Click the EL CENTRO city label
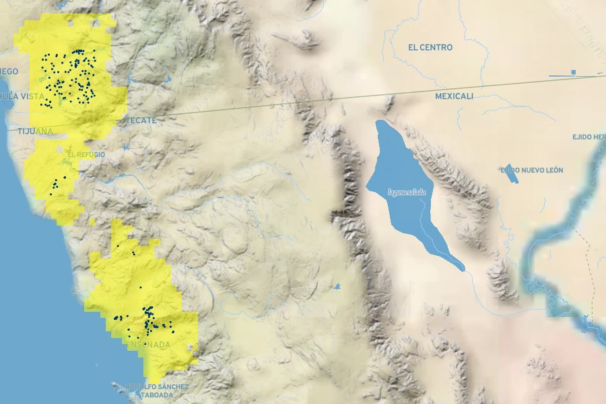point(430,48)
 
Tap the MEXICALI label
point(454,96)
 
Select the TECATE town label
point(140,121)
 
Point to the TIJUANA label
point(35,131)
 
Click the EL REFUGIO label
point(86,155)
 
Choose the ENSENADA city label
point(148,345)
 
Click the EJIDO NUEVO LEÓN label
point(532,170)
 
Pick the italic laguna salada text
point(407,192)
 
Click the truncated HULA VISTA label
point(22,96)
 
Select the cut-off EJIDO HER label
point(588,137)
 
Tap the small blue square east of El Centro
point(574,71)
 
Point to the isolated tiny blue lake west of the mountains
point(337,287)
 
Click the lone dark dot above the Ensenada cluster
point(140,288)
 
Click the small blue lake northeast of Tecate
point(167,79)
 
